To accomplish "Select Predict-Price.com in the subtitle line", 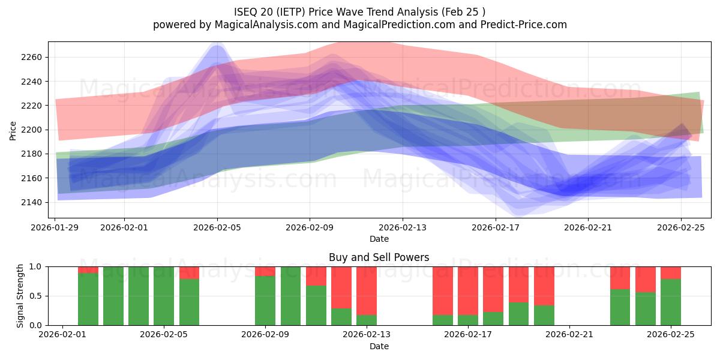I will [x=521, y=25].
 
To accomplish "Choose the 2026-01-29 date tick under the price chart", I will [x=56, y=227].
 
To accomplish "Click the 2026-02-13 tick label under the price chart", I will [x=403, y=227].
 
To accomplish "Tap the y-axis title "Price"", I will [x=13, y=130].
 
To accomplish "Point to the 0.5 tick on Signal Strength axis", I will [x=35, y=296].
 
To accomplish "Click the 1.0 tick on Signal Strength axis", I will [x=35, y=266].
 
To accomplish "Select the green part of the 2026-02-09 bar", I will [x=265, y=301].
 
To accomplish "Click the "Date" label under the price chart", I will [x=379, y=239].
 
